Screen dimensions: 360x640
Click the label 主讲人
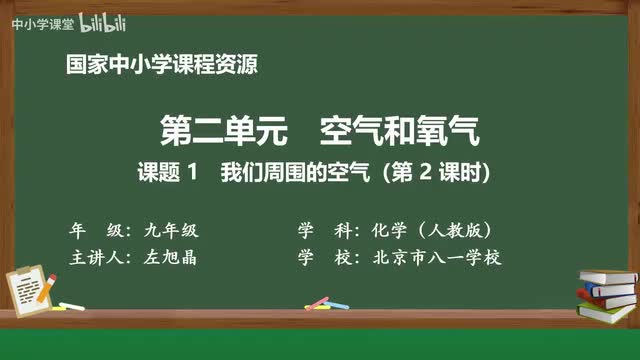click(95, 257)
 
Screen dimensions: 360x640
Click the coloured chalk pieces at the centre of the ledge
click(318, 302)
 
